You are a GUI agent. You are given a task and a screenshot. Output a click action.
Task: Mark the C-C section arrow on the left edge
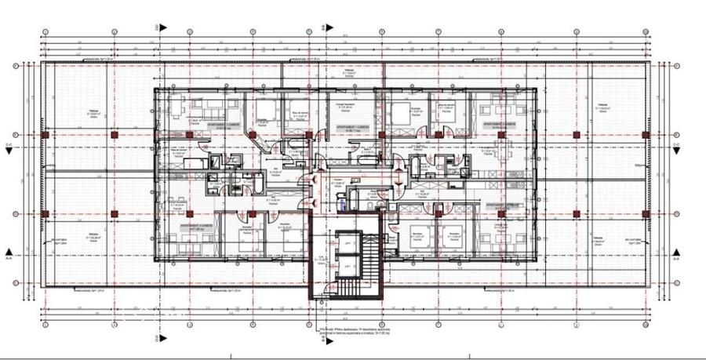9,147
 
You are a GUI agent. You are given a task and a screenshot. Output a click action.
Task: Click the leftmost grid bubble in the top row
45,32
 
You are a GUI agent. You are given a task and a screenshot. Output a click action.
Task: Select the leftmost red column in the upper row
115,136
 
